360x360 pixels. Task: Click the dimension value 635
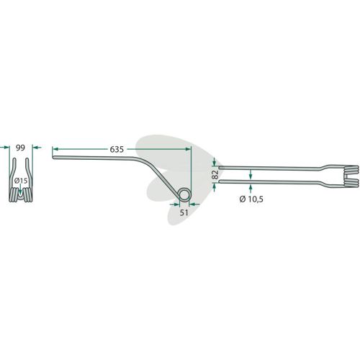(117, 149)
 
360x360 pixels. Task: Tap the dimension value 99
(20, 148)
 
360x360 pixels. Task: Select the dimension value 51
(184, 212)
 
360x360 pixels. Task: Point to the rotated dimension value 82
(215, 175)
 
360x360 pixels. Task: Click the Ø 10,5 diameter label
(251, 199)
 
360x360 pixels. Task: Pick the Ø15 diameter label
(21, 181)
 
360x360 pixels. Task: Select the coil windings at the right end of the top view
(351, 176)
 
